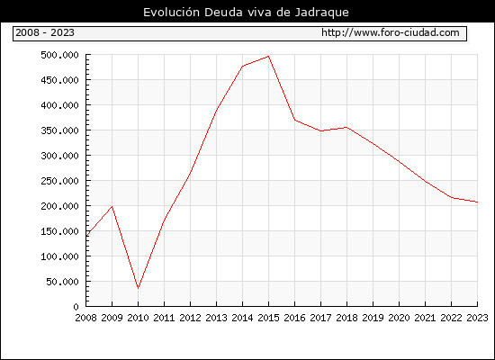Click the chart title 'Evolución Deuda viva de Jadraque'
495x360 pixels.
pos(246,13)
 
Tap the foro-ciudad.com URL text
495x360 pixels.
pos(391,32)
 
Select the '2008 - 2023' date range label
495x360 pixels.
pos(45,32)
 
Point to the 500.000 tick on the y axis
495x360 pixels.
pos(59,55)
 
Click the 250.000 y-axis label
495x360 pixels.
pos(59,181)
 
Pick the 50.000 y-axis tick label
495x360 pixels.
pos(62,282)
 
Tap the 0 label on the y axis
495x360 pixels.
pos(76,307)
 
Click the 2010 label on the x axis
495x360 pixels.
pos(138,318)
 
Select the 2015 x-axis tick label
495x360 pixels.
pos(268,318)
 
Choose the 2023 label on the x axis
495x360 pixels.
pos(477,318)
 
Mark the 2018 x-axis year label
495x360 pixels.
pos(346,318)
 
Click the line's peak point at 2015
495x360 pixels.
pos(268,56)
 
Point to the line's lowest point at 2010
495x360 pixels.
pos(138,288)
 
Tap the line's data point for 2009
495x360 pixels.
pos(112,206)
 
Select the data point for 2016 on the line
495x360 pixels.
pos(294,120)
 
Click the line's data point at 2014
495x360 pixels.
pos(242,67)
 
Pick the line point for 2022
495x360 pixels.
pos(452,198)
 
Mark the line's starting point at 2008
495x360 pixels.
pos(86,236)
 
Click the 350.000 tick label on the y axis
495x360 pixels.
pos(59,130)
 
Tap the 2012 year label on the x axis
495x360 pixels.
pos(190,318)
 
